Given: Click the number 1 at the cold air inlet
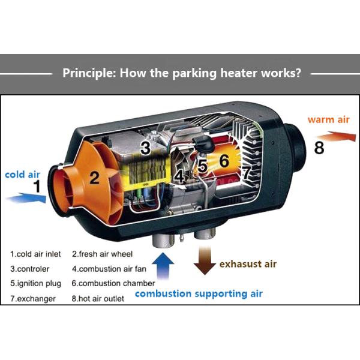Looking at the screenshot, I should coord(37,187).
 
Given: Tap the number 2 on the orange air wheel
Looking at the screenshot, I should coord(94,177).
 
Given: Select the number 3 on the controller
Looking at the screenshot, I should coord(145,148).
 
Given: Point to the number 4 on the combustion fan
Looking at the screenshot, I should coord(179,177).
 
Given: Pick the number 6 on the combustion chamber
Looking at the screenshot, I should coord(224,161).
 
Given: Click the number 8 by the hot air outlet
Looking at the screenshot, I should coord(319,147).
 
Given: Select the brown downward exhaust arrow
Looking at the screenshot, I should coord(204,260).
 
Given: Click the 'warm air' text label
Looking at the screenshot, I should coord(328,119).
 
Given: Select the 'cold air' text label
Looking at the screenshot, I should coord(22,175).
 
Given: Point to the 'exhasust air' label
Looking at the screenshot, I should coord(248,263).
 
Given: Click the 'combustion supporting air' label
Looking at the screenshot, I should coord(198,293).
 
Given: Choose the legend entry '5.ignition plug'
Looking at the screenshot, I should coord(34,283).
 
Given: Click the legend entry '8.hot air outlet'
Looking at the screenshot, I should coord(98,298).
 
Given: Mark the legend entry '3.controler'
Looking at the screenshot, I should coord(30,269).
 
